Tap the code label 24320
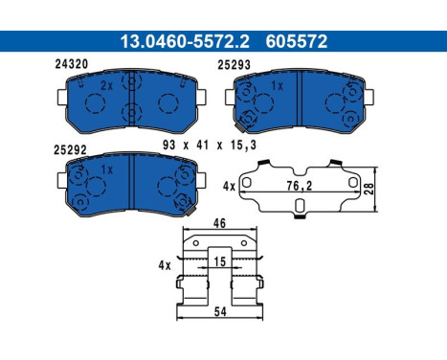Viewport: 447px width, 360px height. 71,65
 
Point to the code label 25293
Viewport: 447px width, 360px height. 235,65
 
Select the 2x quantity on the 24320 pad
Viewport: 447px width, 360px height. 106,85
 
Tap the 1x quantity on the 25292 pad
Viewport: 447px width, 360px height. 106,169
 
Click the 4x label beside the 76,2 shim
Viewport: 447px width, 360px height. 228,185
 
